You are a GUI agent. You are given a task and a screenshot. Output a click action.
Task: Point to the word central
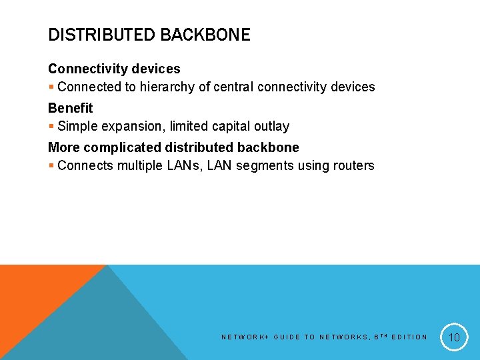pyautogui.click(x=233, y=87)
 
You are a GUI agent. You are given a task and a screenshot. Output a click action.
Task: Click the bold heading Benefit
pyautogui.click(x=70, y=108)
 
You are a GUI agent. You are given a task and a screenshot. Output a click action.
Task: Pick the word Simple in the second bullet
pyautogui.click(x=77, y=126)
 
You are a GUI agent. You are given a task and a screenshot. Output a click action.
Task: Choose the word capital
pyautogui.click(x=235, y=126)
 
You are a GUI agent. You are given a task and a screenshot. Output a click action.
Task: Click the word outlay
pyautogui.click(x=273, y=126)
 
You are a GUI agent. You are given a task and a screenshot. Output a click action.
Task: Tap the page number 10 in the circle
pyautogui.click(x=454, y=337)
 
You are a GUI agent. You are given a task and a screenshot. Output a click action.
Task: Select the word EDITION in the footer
pyautogui.click(x=409, y=337)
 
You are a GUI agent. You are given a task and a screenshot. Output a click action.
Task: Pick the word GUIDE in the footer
pyautogui.click(x=287, y=337)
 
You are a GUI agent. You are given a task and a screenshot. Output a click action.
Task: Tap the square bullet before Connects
pyautogui.click(x=51, y=166)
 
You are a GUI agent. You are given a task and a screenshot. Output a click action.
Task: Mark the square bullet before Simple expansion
pyautogui.click(x=51, y=127)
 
